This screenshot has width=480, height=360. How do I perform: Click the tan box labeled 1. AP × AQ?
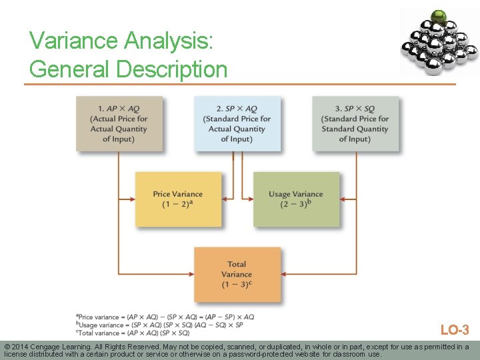coord(119,124)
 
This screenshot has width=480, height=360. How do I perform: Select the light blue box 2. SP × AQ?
coord(237,124)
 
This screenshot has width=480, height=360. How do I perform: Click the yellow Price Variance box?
coord(177,199)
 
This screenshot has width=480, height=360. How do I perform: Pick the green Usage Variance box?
coord(295,199)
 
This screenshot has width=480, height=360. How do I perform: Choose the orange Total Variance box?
coord(237,274)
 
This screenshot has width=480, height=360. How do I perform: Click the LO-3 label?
coord(455,330)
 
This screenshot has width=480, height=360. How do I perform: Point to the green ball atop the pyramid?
coord(438,17)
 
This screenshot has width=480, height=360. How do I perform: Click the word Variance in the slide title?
coord(71,41)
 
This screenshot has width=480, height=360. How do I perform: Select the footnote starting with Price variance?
coord(165,317)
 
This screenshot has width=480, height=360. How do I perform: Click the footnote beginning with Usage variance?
coord(159,325)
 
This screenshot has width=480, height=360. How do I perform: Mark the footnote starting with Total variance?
coord(133,333)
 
